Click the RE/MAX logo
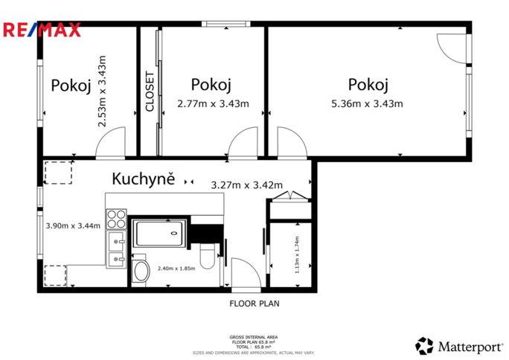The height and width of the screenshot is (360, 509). (x=42, y=30)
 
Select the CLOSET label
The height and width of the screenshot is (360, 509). (x=150, y=91)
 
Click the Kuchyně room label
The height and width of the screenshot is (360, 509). (x=143, y=179)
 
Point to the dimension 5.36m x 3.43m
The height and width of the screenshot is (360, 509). (x=367, y=103)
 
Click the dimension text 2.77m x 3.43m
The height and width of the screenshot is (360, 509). (x=212, y=103)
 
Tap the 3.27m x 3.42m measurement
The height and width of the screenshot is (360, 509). (x=247, y=185)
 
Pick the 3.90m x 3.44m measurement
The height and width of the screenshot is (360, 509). (x=73, y=225)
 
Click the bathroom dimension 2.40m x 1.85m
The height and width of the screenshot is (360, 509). (x=176, y=269)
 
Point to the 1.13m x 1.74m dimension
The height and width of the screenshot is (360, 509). (x=297, y=256)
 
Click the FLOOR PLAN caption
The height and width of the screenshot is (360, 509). (x=254, y=303)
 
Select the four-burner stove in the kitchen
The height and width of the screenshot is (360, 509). (x=116, y=219)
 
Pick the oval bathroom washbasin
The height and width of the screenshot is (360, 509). (x=139, y=271)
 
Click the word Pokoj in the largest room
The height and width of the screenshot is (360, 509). (x=368, y=84)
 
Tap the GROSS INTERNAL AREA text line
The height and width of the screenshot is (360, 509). (x=254, y=336)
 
